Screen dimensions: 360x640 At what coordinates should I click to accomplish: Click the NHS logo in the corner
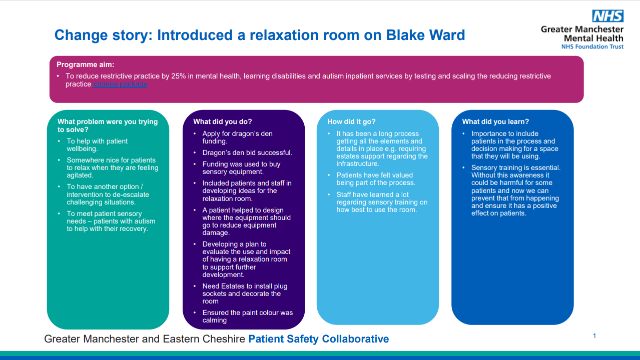(x=607, y=16)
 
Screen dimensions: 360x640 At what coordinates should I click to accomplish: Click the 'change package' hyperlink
(x=120, y=84)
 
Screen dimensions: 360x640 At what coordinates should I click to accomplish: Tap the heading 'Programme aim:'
(x=85, y=64)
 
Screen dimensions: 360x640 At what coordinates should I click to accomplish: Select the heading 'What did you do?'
(x=222, y=121)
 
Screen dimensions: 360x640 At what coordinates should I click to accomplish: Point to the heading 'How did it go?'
(x=351, y=121)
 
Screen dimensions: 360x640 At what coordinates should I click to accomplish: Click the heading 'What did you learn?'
(x=495, y=121)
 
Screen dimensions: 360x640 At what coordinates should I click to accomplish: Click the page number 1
(x=594, y=336)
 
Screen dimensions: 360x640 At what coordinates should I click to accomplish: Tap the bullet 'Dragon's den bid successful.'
(x=247, y=152)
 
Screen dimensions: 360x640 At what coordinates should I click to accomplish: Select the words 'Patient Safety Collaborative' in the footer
(x=319, y=339)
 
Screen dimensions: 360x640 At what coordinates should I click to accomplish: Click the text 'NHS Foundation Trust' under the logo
(x=592, y=46)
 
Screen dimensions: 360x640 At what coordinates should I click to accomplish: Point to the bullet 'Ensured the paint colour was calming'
(x=247, y=316)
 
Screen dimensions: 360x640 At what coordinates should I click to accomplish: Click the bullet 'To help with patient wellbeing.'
(x=97, y=145)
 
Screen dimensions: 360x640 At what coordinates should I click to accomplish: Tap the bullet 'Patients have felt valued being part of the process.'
(x=375, y=179)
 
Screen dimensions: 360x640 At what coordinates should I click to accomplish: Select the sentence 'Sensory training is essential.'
(x=516, y=168)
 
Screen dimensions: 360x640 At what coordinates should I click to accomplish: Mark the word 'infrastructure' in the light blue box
(x=358, y=163)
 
